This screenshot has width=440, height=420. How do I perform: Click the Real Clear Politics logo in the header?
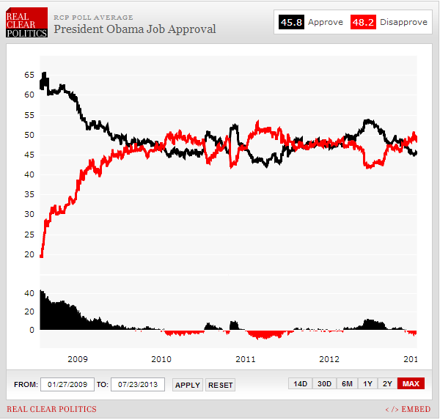click(26, 23)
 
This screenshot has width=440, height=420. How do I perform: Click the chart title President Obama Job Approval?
click(134, 29)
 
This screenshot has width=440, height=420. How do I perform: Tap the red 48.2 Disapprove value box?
click(362, 22)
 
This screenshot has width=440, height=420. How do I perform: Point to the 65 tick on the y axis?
click(29, 75)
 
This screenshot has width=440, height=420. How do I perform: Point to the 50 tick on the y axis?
click(29, 135)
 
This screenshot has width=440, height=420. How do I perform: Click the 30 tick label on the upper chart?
click(29, 215)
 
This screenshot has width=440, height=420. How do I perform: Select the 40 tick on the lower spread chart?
click(29, 293)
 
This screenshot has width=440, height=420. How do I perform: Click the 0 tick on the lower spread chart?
click(32, 330)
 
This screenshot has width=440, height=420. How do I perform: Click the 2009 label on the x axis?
click(78, 359)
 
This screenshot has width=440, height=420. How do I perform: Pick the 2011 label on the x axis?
click(246, 359)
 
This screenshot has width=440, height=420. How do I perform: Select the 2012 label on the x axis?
click(329, 359)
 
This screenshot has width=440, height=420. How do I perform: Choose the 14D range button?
click(301, 384)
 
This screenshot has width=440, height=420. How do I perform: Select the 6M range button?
click(347, 384)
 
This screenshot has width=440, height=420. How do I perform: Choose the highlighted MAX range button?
click(411, 384)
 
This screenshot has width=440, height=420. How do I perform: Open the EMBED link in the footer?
click(408, 409)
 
